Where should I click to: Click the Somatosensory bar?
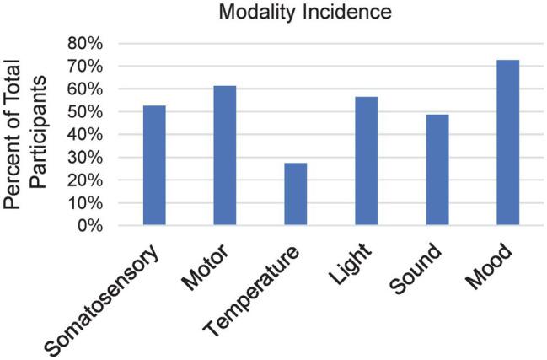(x=154, y=166)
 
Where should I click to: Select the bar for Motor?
(x=225, y=156)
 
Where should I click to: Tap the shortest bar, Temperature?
(x=295, y=195)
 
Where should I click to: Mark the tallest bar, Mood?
(x=507, y=143)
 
